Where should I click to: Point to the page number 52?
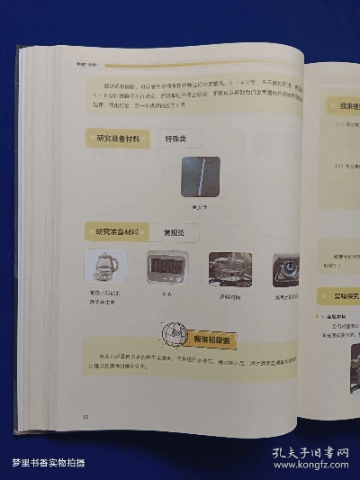[85, 416]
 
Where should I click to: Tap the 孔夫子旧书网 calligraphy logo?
[310, 453]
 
